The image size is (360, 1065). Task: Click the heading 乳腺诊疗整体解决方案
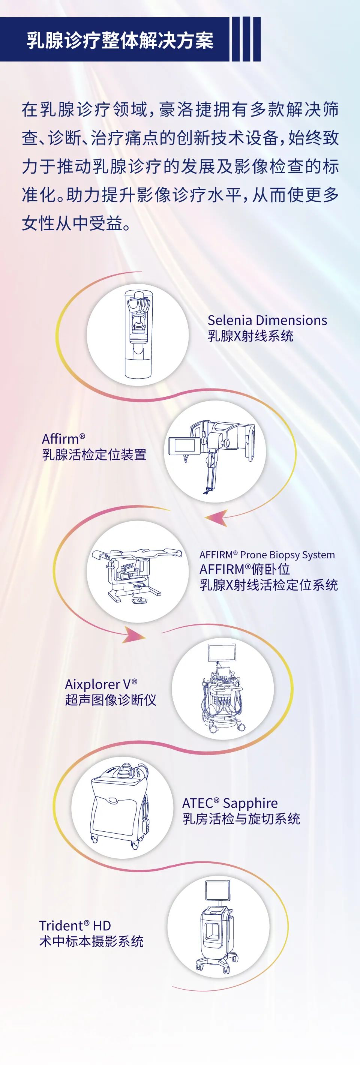[120, 40]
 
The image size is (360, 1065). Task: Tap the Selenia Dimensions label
[267, 320]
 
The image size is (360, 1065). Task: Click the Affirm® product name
[64, 438]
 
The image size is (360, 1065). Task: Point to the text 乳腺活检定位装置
[94, 455]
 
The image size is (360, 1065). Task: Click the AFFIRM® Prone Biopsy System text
[267, 555]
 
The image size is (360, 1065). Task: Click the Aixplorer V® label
[101, 684]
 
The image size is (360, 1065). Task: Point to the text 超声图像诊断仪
[110, 700]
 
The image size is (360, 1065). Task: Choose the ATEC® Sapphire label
[230, 803]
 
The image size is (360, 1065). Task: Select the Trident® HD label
[75, 925]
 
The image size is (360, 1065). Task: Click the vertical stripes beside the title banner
[246, 39]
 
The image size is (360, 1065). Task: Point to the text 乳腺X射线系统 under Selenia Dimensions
[250, 336]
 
